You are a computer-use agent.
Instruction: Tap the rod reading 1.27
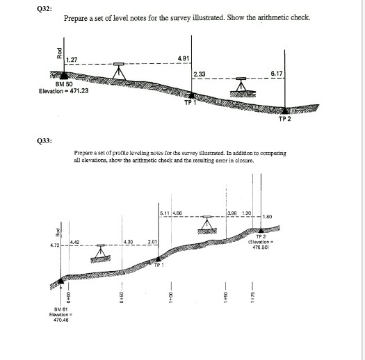[70, 60]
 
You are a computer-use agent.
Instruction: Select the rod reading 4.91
[184, 59]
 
